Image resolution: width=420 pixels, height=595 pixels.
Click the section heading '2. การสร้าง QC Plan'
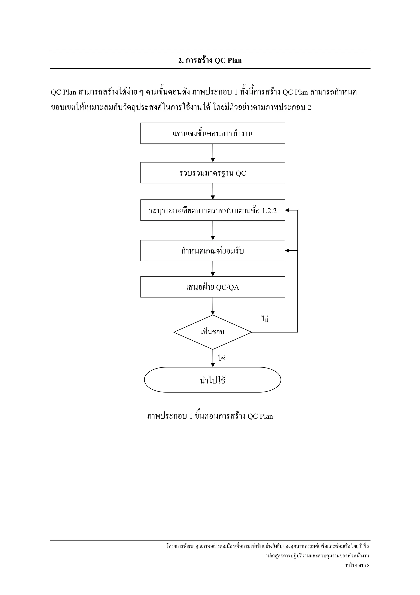[210, 60]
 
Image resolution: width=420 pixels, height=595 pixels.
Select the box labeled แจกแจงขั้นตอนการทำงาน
[212, 133]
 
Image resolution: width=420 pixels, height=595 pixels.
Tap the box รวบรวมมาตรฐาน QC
[212, 173]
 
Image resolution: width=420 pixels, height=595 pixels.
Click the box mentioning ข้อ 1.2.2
[212, 210]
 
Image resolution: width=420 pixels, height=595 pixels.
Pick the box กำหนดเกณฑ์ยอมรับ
[212, 251]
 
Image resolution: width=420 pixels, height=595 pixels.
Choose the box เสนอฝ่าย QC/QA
[212, 287]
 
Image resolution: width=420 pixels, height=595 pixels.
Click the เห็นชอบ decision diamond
[212, 332]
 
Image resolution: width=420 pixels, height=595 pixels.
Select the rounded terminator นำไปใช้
[212, 380]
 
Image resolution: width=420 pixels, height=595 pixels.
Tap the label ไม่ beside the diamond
[265, 319]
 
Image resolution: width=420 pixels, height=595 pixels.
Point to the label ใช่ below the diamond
[221, 358]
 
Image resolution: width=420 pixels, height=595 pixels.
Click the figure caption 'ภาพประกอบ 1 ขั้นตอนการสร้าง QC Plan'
[210, 416]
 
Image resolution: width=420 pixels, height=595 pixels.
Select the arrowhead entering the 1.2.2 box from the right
[287, 210]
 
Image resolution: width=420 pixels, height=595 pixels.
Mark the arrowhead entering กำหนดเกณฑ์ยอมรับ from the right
[287, 251]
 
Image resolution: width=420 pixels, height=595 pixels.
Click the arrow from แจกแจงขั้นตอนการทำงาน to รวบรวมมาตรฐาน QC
[213, 153]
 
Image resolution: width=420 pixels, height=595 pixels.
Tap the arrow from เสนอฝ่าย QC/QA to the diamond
[213, 306]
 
